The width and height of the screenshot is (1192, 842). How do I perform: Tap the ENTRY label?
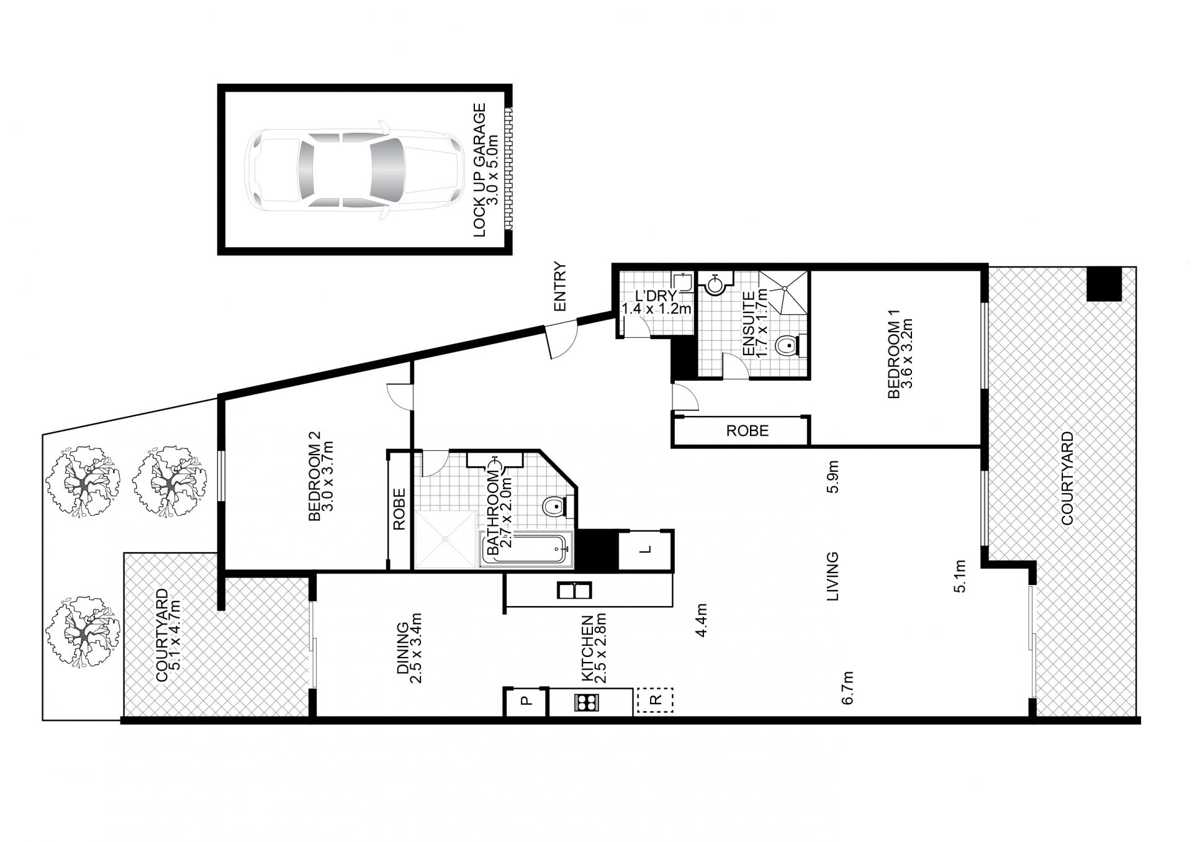click(561, 287)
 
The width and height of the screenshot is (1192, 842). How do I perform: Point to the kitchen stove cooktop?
click(587, 702)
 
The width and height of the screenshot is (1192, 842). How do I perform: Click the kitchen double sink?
click(574, 590)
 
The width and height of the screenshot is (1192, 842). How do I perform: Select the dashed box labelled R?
click(654, 700)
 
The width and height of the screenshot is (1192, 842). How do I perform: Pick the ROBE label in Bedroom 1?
click(747, 430)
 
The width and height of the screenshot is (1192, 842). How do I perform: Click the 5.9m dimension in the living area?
click(833, 476)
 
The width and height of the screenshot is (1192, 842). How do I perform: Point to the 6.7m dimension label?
click(849, 687)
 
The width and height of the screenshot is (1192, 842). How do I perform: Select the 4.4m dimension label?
click(702, 620)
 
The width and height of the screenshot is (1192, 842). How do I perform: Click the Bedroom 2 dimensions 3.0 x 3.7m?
click(328, 481)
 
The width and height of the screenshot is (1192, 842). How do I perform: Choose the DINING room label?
click(403, 648)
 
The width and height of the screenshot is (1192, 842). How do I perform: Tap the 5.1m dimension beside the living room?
click(960, 576)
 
